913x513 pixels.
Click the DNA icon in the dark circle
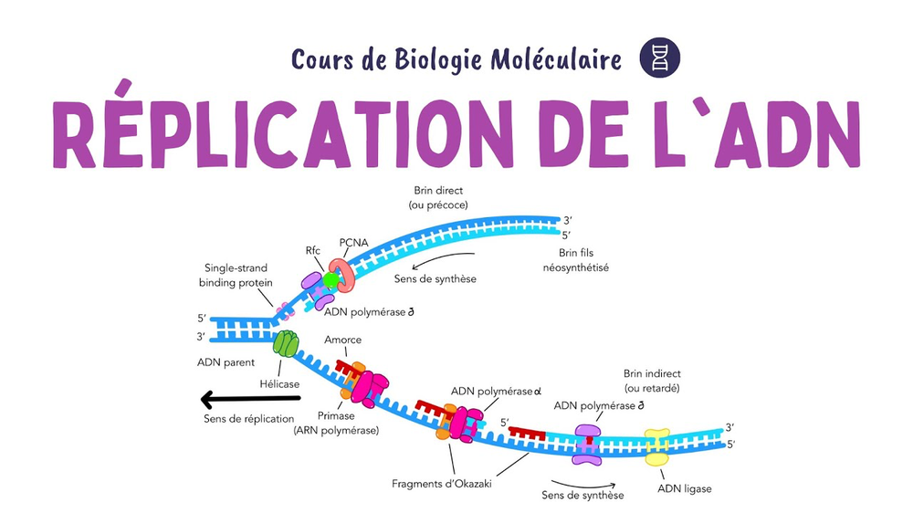click(660, 58)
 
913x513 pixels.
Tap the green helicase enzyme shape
click(286, 343)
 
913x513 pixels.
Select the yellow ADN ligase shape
click(656, 447)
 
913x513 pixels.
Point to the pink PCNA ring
click(344, 275)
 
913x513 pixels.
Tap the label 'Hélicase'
click(278, 383)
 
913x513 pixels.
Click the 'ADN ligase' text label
click(684, 488)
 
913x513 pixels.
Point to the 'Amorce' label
click(342, 340)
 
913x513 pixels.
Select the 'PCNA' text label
click(352, 243)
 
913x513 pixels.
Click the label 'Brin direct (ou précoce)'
click(438, 198)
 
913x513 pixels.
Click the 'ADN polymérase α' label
click(491, 391)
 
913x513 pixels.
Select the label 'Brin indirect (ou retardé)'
click(652, 382)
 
